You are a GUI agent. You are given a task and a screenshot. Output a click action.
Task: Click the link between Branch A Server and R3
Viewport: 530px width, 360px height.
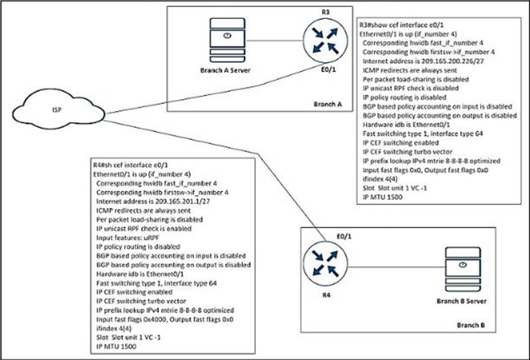276,40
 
